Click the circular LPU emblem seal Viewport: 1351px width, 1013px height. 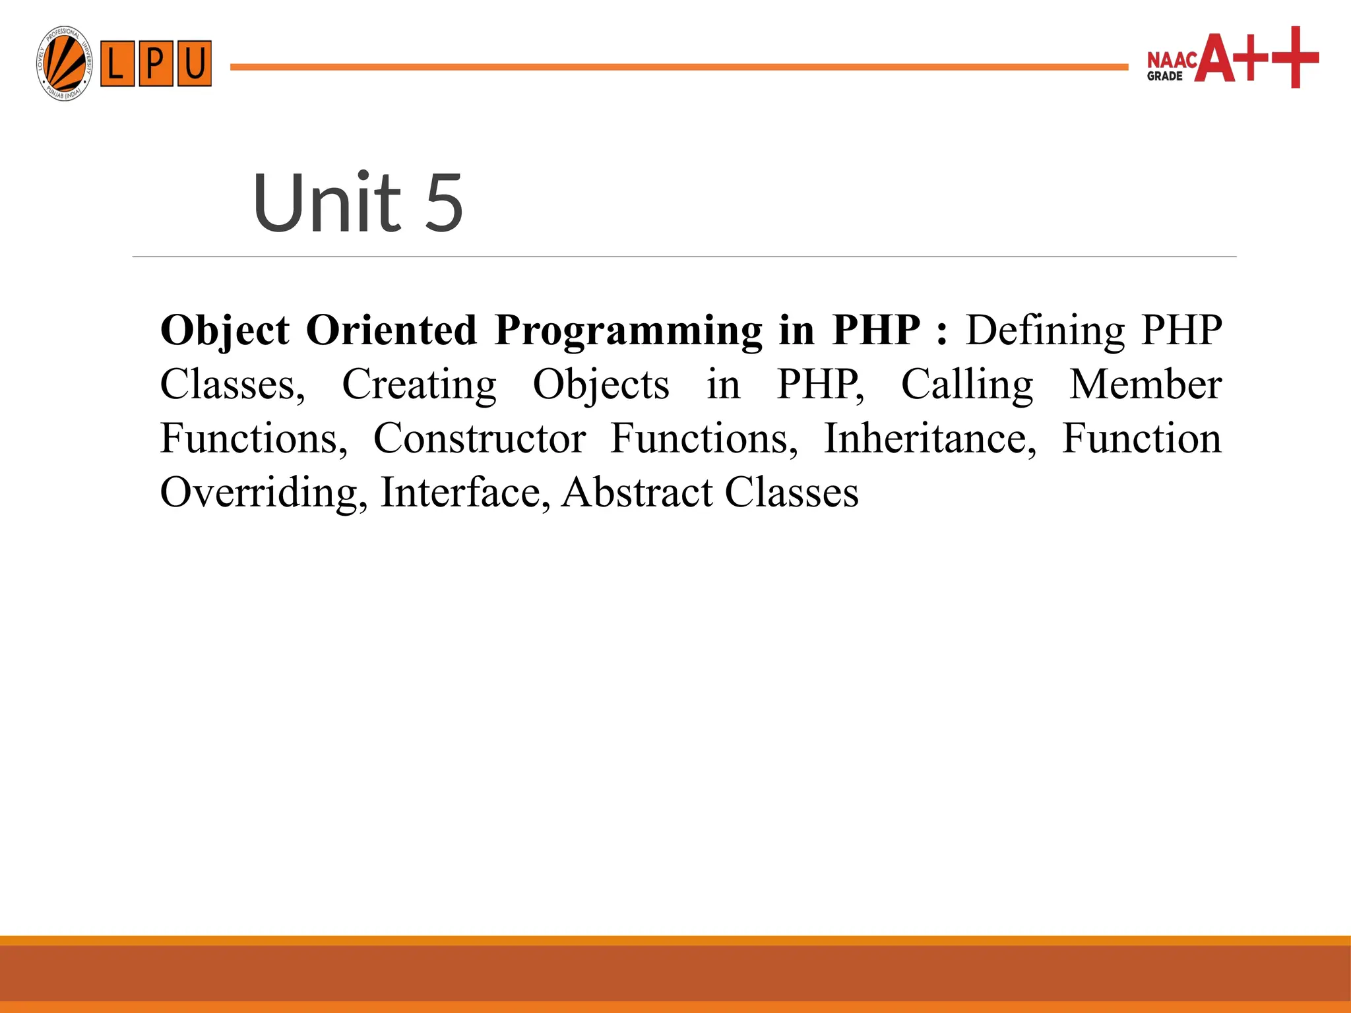(64, 64)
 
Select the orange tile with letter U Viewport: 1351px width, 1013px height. (195, 64)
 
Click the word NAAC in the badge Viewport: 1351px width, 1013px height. (1172, 61)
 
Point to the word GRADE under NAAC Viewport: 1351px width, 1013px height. (1164, 77)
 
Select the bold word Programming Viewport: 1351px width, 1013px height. (628, 330)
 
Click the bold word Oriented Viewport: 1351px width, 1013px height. (391, 330)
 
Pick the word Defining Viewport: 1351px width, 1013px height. (1045, 330)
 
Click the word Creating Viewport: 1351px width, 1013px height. (419, 384)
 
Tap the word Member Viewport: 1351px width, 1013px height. (1145, 384)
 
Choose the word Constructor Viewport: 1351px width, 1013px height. (480, 439)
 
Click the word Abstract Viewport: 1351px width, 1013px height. (637, 493)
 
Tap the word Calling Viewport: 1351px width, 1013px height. (967, 384)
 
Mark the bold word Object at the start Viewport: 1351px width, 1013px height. (225, 330)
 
